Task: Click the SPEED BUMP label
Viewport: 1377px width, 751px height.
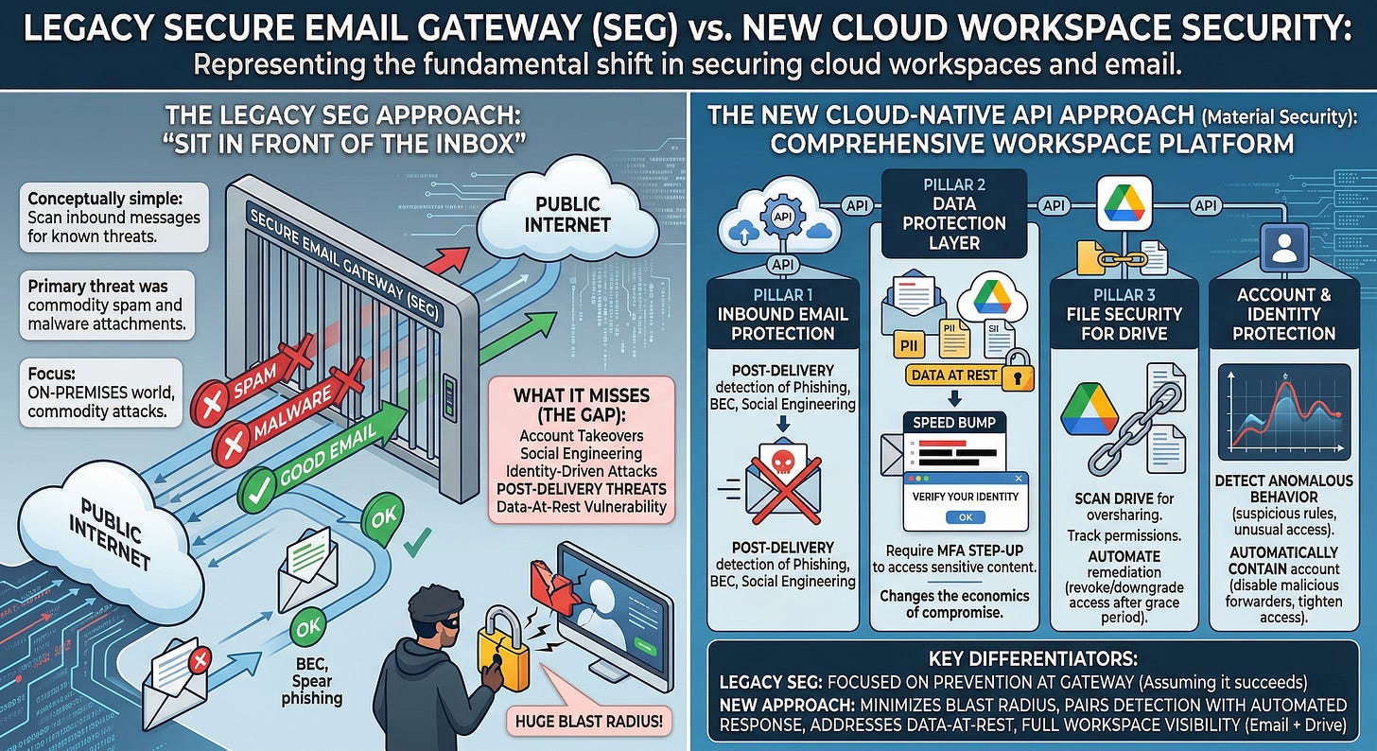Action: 954,421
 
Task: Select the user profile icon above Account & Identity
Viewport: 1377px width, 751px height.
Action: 1283,250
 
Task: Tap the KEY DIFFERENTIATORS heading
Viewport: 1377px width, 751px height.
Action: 1033,658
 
